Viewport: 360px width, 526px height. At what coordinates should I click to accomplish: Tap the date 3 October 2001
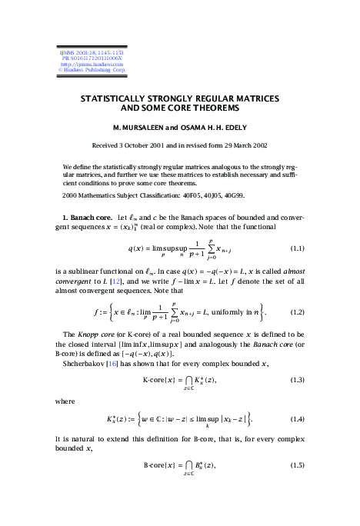click(x=163, y=145)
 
